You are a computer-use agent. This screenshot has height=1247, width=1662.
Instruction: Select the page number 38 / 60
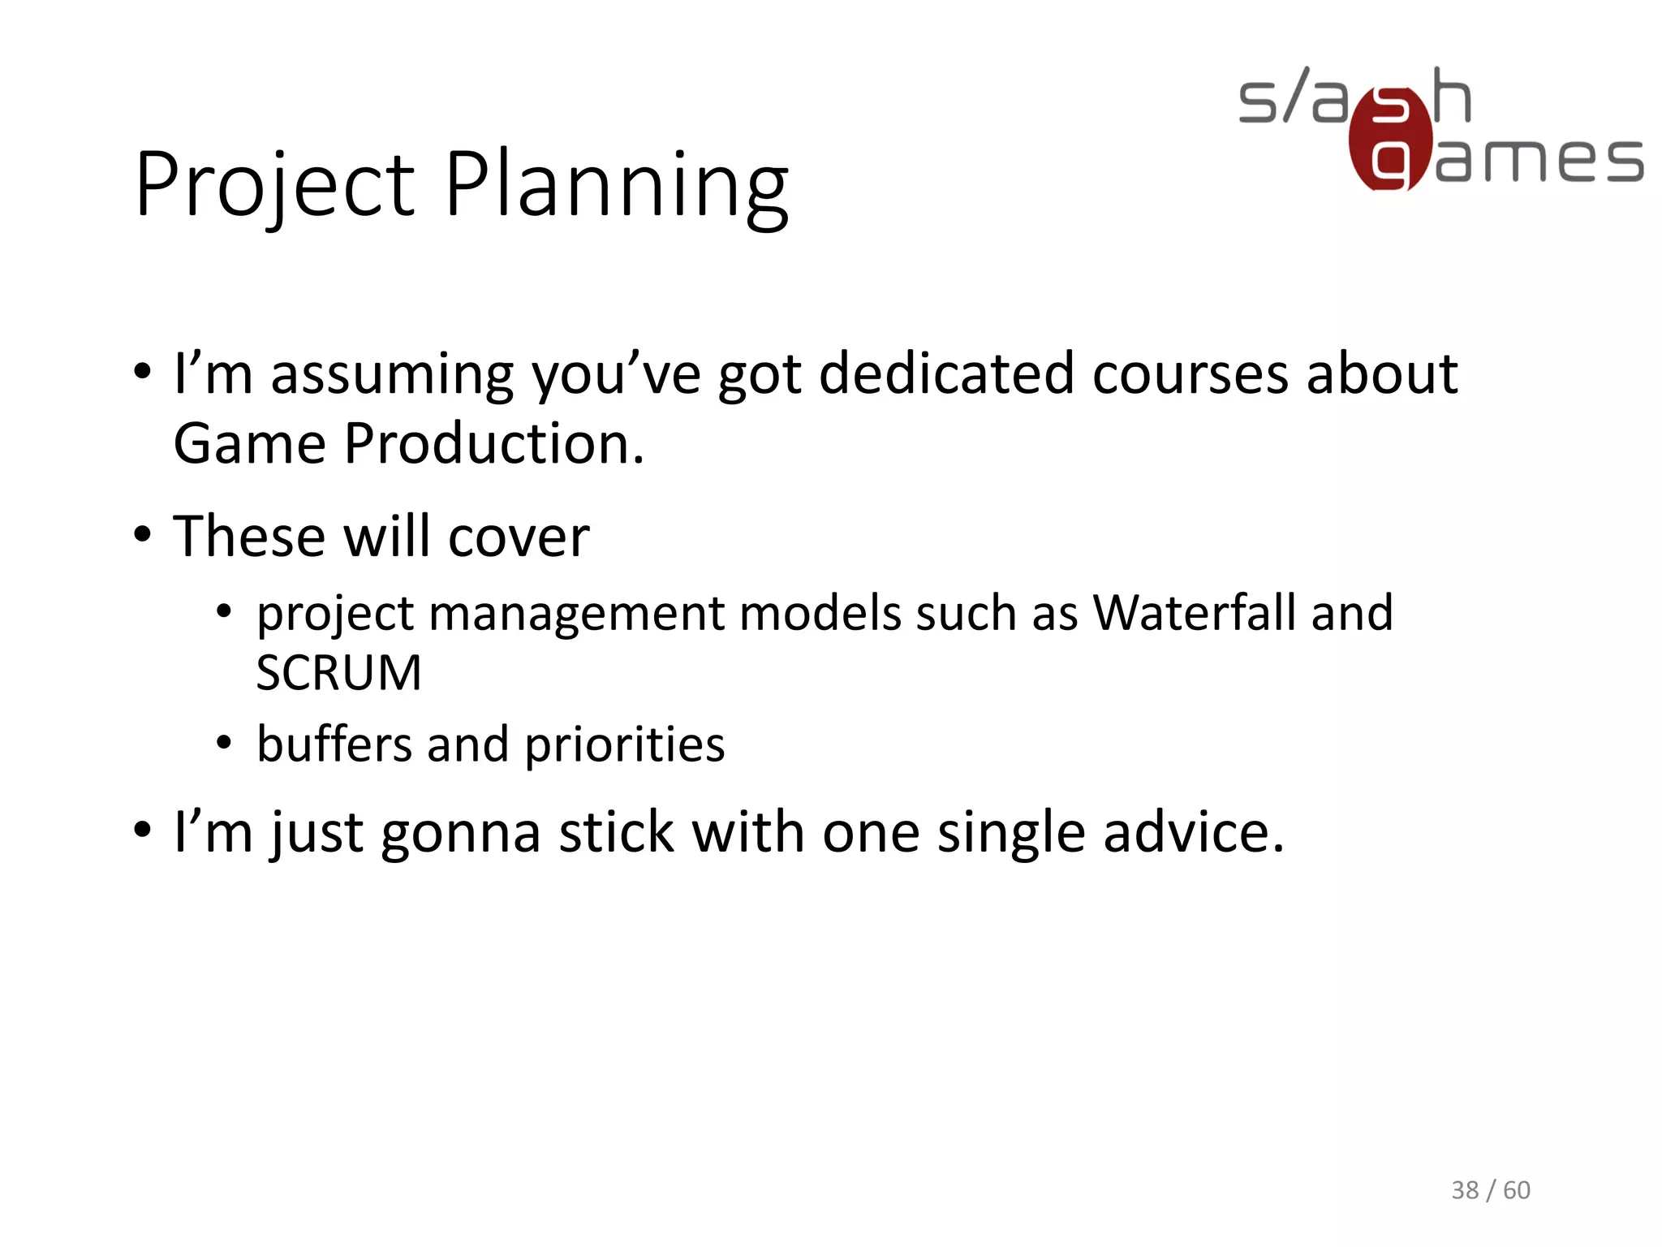pos(1490,1190)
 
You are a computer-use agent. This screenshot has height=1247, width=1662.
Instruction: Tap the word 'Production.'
pos(493,445)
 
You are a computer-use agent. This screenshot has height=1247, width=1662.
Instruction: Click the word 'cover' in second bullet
pos(519,537)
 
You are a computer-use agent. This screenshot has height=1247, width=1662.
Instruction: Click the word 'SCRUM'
pos(339,673)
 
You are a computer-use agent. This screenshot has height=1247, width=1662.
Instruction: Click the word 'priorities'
pos(624,745)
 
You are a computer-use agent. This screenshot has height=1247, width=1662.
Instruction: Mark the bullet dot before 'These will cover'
pos(143,535)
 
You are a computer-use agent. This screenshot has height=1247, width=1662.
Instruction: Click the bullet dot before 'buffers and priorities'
pos(225,742)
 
